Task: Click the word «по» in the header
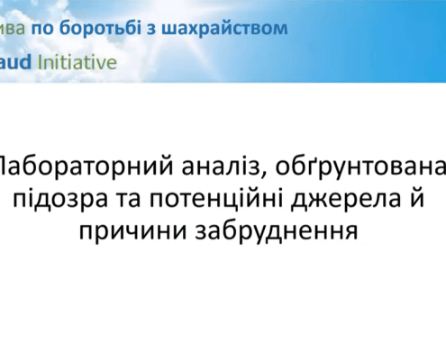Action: [x=43, y=27]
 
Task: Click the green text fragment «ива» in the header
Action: [x=12, y=27]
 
